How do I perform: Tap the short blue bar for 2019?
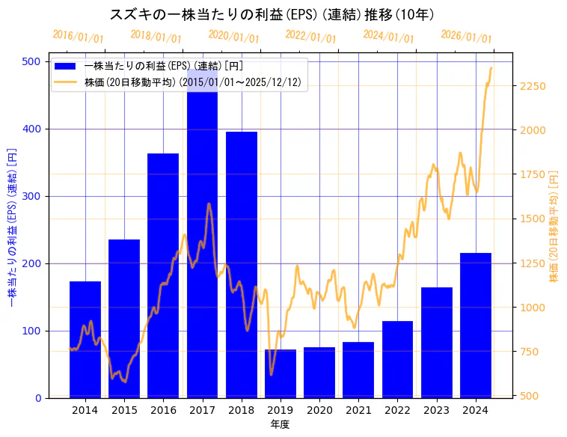pyautogui.click(x=281, y=373)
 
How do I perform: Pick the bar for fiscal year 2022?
pyautogui.click(x=397, y=359)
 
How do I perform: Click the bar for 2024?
pyautogui.click(x=476, y=326)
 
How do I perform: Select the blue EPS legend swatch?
pyautogui.click(x=67, y=67)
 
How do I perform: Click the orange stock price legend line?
pyautogui.click(x=67, y=82)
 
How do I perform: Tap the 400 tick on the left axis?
pyautogui.click(x=33, y=129)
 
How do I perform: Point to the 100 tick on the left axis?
pyautogui.click(x=33, y=331)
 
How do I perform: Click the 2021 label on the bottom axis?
pyautogui.click(x=359, y=411)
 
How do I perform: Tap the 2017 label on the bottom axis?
pyautogui.click(x=203, y=411)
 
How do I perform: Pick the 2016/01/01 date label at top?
pyautogui.click(x=79, y=37)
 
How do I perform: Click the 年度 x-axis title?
pyautogui.click(x=280, y=424)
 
